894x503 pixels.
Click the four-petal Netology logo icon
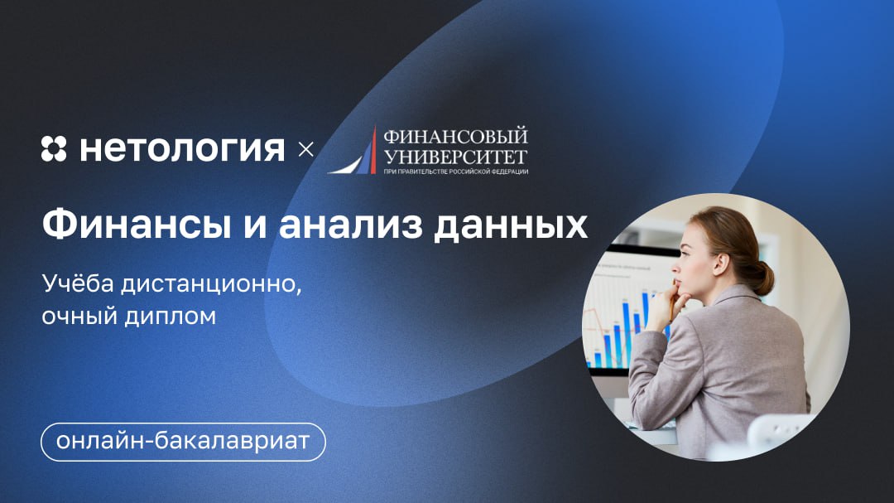click(x=54, y=149)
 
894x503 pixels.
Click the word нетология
click(x=182, y=149)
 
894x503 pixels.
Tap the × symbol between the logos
click(x=306, y=150)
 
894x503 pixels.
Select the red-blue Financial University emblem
click(x=353, y=151)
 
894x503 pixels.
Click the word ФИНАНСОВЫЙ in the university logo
click(x=455, y=137)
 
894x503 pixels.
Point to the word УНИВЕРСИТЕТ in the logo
click(x=455, y=156)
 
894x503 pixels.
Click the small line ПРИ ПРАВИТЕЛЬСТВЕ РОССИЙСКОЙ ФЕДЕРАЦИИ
click(x=455, y=172)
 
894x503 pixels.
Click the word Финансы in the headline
click(x=137, y=225)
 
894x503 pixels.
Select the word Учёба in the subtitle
click(x=78, y=283)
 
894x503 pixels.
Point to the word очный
click(x=79, y=317)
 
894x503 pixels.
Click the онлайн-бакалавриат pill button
click(x=183, y=442)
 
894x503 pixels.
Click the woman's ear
click(x=722, y=264)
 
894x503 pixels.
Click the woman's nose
click(x=675, y=267)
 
